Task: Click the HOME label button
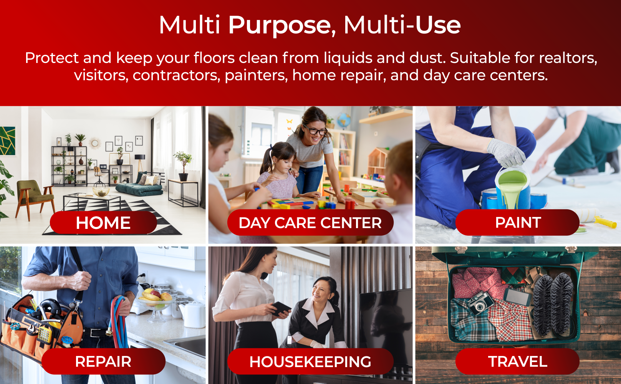[103, 223]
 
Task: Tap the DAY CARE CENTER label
[310, 223]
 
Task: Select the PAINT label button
[518, 222]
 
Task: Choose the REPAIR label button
[103, 361]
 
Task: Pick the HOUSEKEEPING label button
[310, 361]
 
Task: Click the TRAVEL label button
[518, 361]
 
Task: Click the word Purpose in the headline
[280, 25]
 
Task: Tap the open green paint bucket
[513, 188]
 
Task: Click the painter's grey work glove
[506, 152]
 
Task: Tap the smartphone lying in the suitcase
[517, 297]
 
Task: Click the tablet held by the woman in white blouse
[281, 308]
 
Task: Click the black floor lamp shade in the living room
[140, 157]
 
